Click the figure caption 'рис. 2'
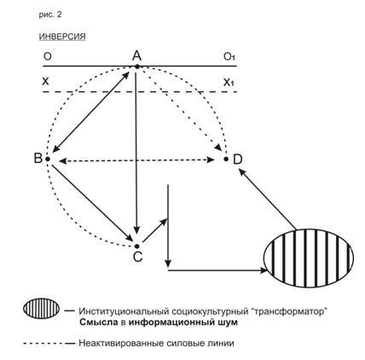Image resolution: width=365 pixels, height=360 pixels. click(x=50, y=15)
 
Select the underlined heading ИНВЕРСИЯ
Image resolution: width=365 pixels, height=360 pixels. click(x=62, y=37)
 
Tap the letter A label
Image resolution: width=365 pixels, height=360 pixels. click(x=136, y=55)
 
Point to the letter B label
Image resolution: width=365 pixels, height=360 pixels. click(x=38, y=158)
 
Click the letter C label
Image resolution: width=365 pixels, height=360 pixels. click(x=137, y=257)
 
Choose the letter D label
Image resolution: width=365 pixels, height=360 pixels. click(x=237, y=160)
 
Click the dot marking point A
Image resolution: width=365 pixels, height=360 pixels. click(x=137, y=67)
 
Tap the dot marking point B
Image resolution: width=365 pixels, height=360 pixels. click(x=48, y=159)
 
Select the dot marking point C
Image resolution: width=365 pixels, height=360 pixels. click(x=137, y=246)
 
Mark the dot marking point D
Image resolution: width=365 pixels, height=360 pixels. click(x=226, y=159)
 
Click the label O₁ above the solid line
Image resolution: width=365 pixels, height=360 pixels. click(x=229, y=57)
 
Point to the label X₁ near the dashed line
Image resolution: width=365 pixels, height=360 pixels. click(x=229, y=83)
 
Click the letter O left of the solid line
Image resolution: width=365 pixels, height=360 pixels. click(x=48, y=56)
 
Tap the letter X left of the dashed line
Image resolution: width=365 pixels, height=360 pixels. click(x=45, y=82)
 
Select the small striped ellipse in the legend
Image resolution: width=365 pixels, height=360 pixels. click(x=42, y=309)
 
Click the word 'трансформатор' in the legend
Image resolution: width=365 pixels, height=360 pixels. click(x=288, y=311)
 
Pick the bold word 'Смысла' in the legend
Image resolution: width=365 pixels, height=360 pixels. click(x=98, y=322)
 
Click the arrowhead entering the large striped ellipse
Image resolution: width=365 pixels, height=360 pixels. click(x=264, y=270)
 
